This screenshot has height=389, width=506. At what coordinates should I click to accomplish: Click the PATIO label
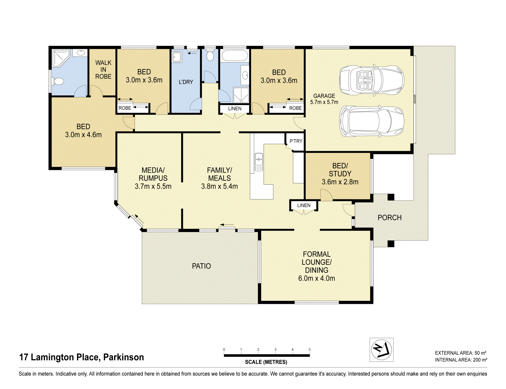(201, 266)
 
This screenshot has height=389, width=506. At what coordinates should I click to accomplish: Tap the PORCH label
(390, 218)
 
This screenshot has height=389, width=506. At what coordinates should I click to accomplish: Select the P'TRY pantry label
(296, 141)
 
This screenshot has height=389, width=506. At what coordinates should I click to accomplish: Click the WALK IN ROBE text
(103, 70)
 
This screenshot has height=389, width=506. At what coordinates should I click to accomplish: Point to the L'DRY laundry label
(186, 82)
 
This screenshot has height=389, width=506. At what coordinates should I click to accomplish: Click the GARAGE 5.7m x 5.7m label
(324, 99)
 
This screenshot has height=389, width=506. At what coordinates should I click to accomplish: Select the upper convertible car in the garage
(372, 80)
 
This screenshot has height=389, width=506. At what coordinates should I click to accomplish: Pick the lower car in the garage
(372, 121)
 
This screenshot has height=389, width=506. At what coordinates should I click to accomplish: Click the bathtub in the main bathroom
(235, 56)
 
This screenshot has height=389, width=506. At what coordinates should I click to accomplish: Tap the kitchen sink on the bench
(259, 162)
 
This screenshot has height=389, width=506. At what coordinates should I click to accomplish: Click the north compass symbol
(381, 350)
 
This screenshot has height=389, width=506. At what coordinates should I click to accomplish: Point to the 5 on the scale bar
(310, 349)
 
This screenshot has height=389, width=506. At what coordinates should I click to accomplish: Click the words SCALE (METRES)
(266, 362)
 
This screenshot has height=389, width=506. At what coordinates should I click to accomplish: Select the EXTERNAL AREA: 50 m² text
(461, 353)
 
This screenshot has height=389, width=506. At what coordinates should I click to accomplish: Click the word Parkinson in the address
(124, 357)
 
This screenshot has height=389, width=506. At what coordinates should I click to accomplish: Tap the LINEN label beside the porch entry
(304, 205)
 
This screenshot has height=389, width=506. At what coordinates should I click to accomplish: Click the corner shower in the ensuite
(61, 58)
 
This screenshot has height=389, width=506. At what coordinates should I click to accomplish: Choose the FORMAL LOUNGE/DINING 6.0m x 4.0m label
(317, 266)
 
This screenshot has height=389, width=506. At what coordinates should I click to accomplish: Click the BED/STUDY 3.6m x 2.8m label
(340, 174)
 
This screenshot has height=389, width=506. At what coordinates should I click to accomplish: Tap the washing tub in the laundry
(177, 57)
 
